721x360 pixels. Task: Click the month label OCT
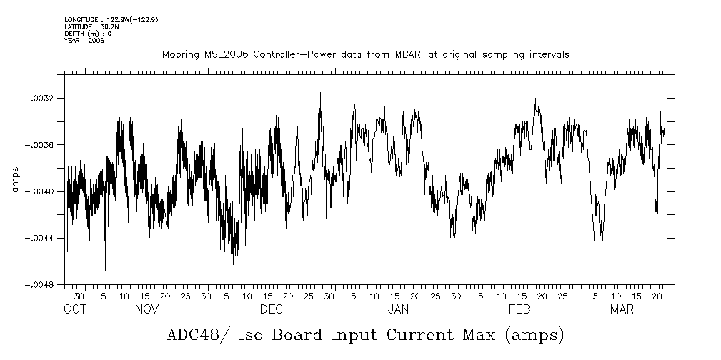point(74,309)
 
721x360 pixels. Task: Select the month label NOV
point(146,309)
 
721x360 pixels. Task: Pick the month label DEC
point(272,309)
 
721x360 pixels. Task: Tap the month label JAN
point(398,309)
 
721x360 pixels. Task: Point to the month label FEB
point(519,309)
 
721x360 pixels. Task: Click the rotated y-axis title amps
point(14,179)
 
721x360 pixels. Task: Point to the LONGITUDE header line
point(111,19)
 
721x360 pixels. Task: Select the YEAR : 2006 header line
point(84,41)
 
